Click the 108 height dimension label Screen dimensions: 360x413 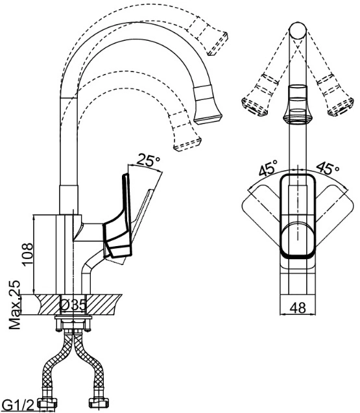coord(28,255)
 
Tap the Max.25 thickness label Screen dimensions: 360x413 coord(15,305)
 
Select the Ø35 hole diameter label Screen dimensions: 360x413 coord(73,305)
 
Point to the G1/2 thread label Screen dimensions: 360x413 coord(18,405)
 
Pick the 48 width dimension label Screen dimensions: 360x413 coord(298,307)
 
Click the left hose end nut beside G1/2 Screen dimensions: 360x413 coord(47,404)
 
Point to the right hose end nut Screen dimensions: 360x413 coord(99,403)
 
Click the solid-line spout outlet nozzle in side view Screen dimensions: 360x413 coord(207,105)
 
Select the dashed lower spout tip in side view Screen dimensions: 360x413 coord(186,131)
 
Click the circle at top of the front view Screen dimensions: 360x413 coord(298,31)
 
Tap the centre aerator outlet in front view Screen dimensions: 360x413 coord(298,105)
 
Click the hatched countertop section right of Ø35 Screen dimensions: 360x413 coord(104,305)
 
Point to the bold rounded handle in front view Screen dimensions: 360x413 coord(298,216)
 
